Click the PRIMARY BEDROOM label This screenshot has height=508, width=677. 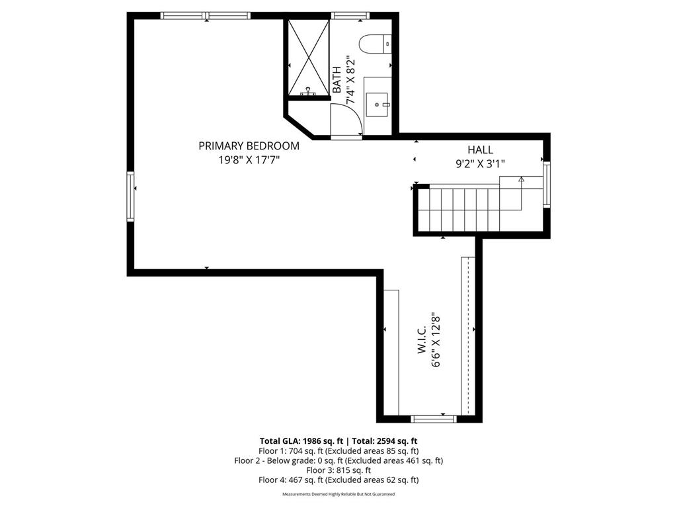[249, 146]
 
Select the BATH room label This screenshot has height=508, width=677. [337, 79]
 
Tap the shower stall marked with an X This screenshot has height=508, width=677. [307, 58]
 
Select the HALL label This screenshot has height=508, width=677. [480, 150]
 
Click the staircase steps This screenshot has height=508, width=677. [463, 208]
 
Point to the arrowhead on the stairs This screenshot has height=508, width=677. [521, 179]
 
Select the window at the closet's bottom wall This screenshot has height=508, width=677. [434, 418]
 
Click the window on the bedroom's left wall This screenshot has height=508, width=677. [130, 196]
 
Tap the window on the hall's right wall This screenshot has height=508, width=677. [546, 185]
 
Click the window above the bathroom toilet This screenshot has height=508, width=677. [350, 15]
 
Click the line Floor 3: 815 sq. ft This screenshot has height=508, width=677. [338, 470]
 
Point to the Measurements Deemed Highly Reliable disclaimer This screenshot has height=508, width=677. [338, 494]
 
